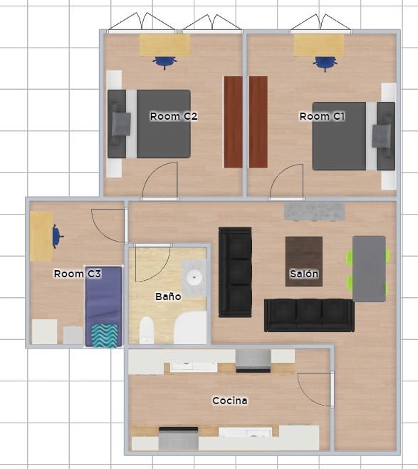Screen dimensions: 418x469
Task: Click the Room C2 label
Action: [x=174, y=116]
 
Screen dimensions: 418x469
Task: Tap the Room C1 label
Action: [x=323, y=116]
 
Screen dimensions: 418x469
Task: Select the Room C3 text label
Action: [x=78, y=274]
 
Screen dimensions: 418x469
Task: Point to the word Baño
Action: [x=168, y=297]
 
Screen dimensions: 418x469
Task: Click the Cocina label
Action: [x=230, y=401]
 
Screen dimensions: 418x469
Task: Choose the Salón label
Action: [x=304, y=274]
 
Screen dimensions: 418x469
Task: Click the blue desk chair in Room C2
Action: [x=164, y=63]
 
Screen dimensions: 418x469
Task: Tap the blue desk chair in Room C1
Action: [x=325, y=63]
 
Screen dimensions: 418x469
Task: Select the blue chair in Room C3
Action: [x=57, y=237]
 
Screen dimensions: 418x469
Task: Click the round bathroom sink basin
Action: [x=194, y=277]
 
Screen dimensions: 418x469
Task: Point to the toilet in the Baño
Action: [x=147, y=330]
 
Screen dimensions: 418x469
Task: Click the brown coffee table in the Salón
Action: [x=304, y=262]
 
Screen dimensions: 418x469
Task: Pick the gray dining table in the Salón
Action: [x=370, y=269]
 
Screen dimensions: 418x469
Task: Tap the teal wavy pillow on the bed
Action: [x=105, y=336]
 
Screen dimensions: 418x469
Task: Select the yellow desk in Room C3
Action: [x=41, y=237]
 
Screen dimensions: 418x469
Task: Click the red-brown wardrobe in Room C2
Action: [x=233, y=122]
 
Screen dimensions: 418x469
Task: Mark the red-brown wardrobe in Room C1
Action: [x=258, y=122]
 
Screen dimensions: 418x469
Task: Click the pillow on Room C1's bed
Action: [x=381, y=136]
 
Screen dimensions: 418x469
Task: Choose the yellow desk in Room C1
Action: [x=318, y=45]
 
